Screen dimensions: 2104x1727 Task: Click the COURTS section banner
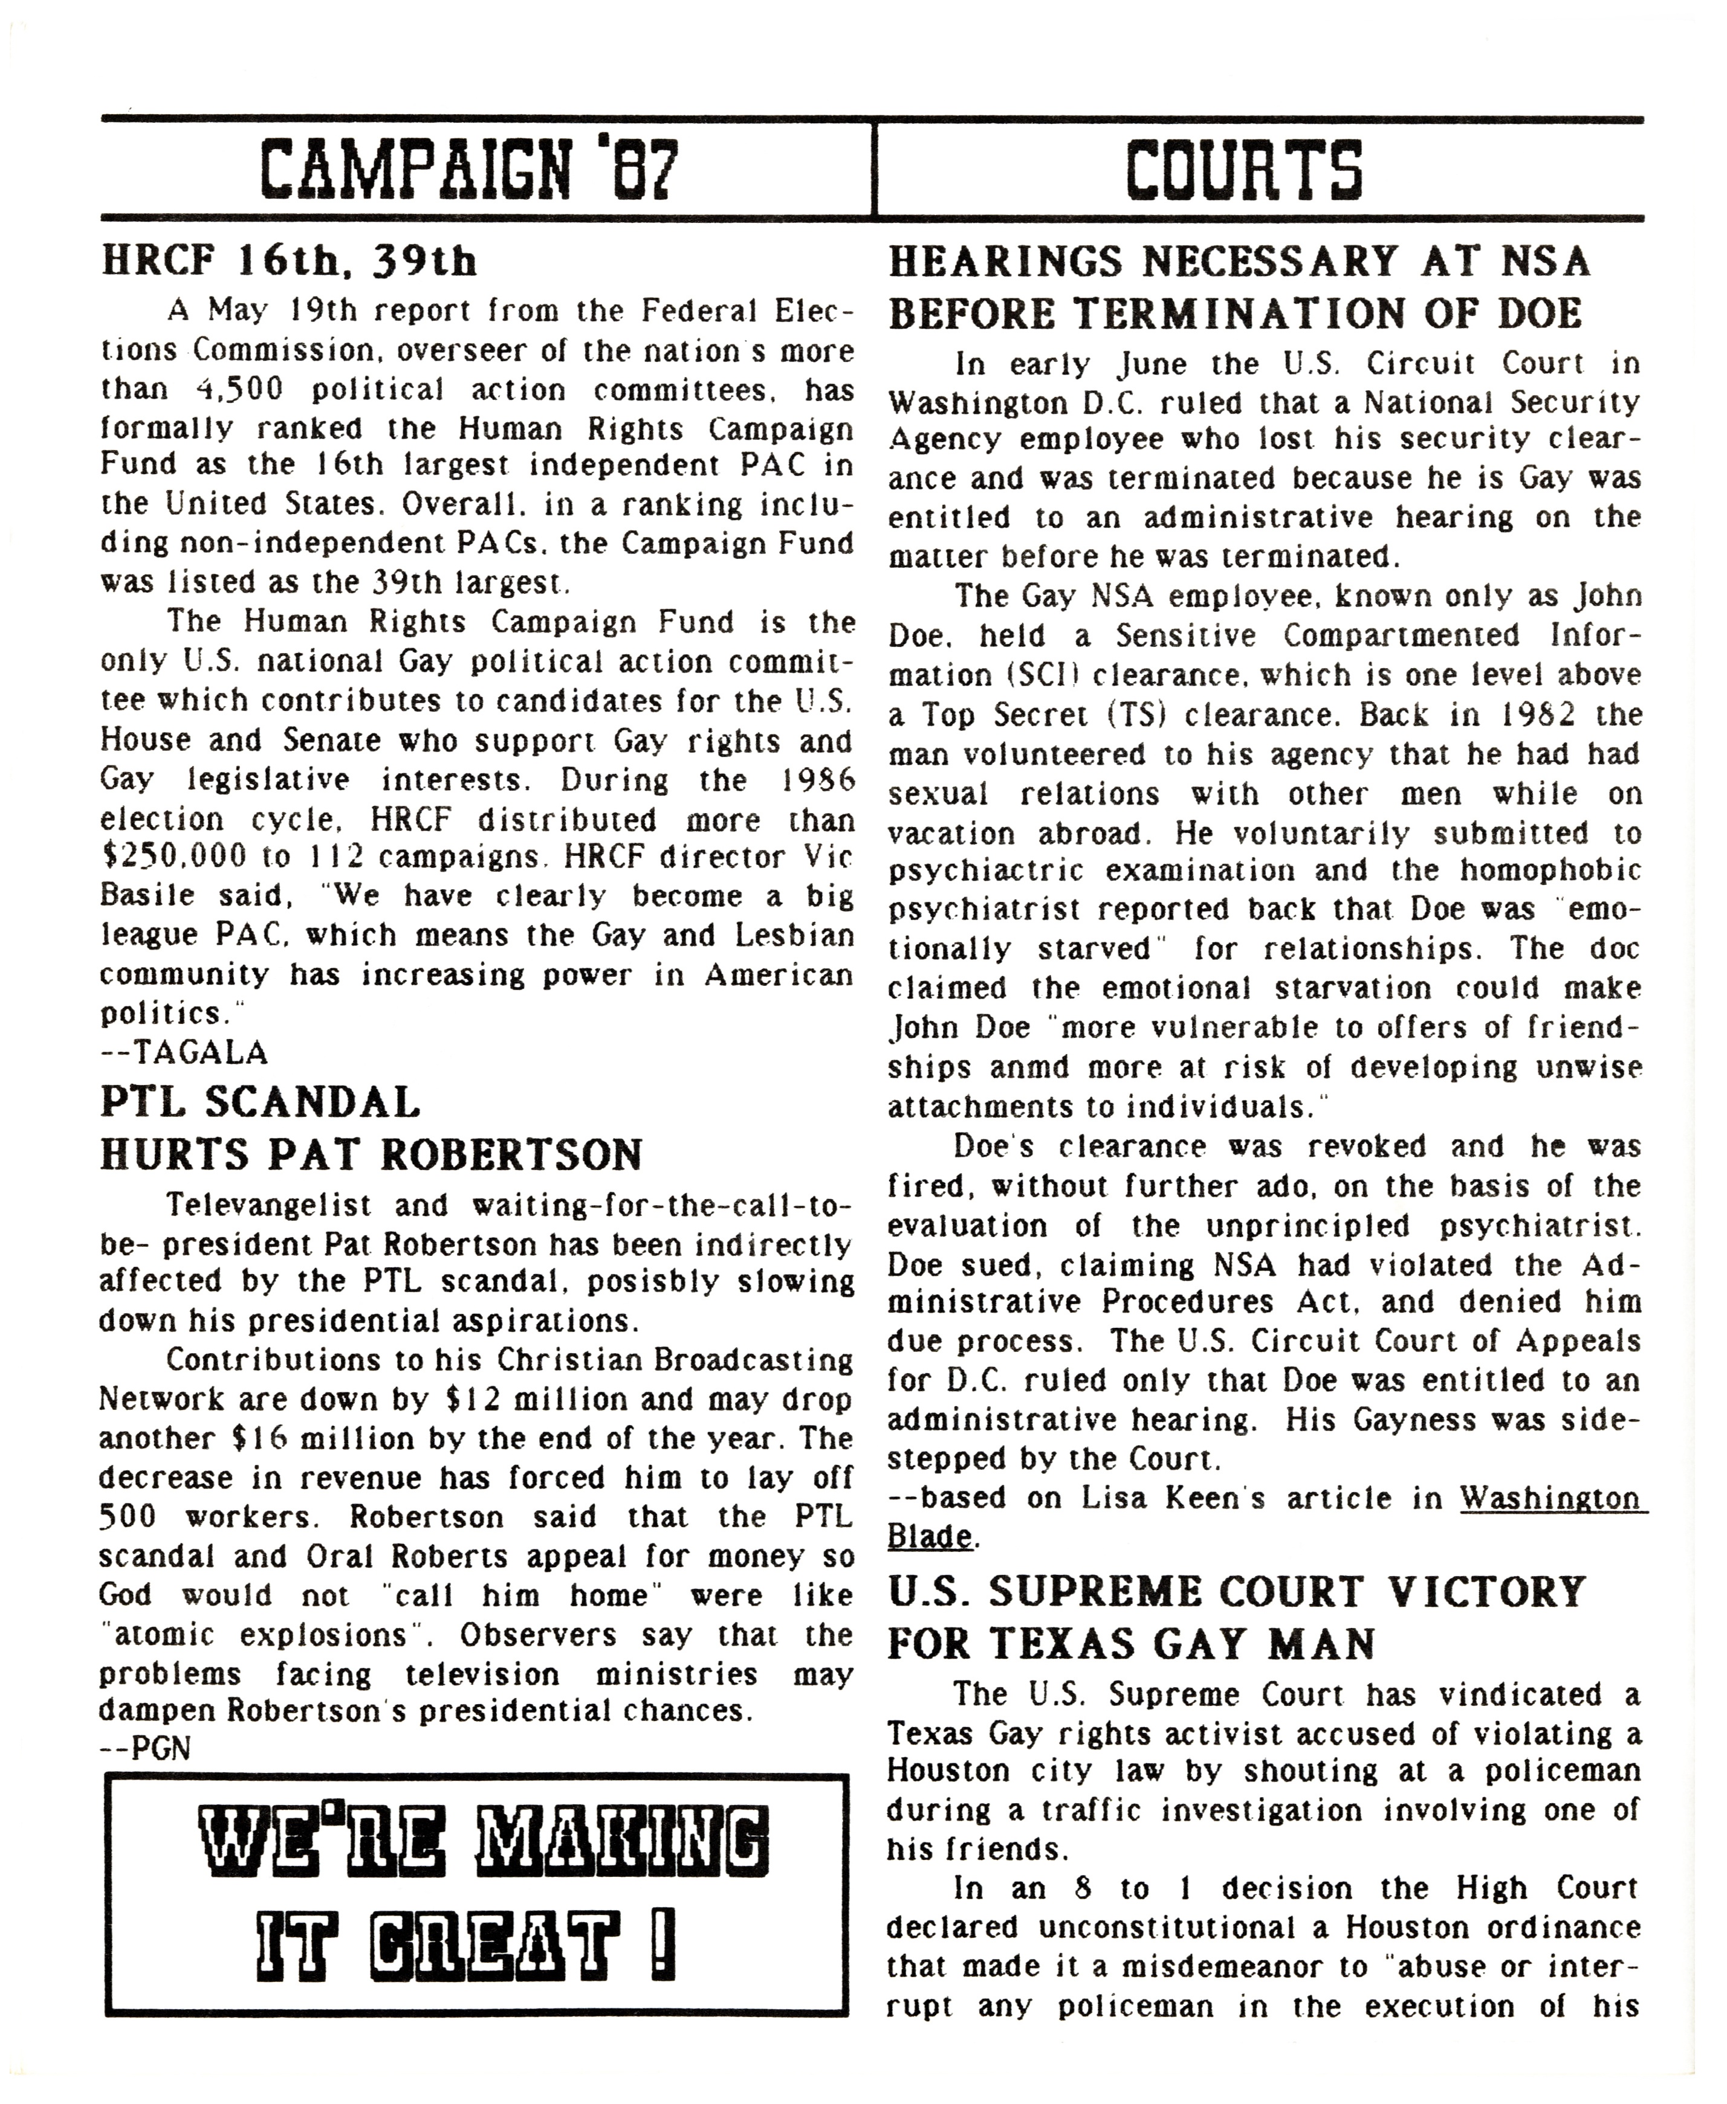pyautogui.click(x=1243, y=169)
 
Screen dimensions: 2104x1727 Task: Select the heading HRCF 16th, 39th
pyautogui.click(x=288, y=262)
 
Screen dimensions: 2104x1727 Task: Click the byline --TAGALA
pyautogui.click(x=184, y=1052)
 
